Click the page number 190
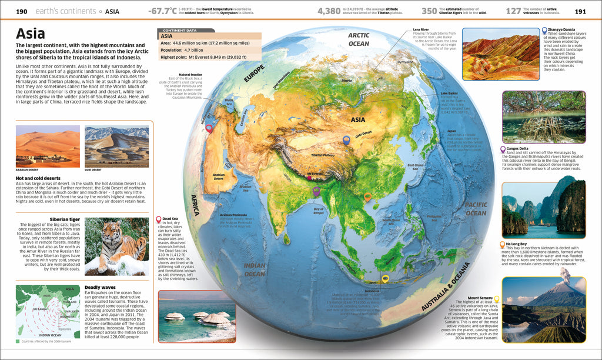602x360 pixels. (21, 11)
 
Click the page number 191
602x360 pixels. (580, 11)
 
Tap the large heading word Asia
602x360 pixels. (34, 34)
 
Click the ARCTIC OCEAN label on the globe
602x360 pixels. (359, 39)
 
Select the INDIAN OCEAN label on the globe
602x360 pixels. (255, 269)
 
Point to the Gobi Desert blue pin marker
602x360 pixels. (346, 140)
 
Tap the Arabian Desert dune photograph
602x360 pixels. (48, 146)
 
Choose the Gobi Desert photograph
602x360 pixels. (116, 146)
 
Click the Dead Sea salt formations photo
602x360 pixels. (196, 316)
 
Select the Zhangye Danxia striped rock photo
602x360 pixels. (499, 54)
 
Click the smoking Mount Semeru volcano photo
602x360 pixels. (543, 309)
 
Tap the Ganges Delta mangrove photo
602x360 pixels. (543, 116)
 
